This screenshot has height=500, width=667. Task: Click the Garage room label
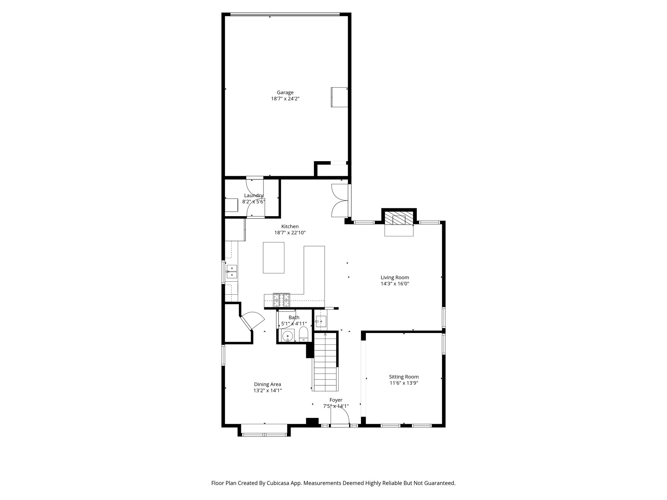tap(285, 92)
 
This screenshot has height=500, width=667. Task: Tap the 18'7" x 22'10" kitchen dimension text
tap(290, 233)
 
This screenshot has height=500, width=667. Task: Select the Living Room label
tap(395, 277)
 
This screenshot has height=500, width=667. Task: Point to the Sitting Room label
tap(404, 377)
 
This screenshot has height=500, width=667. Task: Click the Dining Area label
tap(267, 384)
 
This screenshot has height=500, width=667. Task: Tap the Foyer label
tap(336, 400)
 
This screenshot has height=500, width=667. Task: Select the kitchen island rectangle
tap(274, 257)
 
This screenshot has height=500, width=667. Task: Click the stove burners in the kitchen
tap(281, 300)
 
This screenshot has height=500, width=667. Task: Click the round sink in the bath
tap(288, 336)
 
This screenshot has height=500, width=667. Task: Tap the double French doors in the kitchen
tap(340, 200)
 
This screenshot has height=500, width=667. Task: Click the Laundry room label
tap(253, 195)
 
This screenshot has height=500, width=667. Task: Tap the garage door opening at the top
tap(285, 14)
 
